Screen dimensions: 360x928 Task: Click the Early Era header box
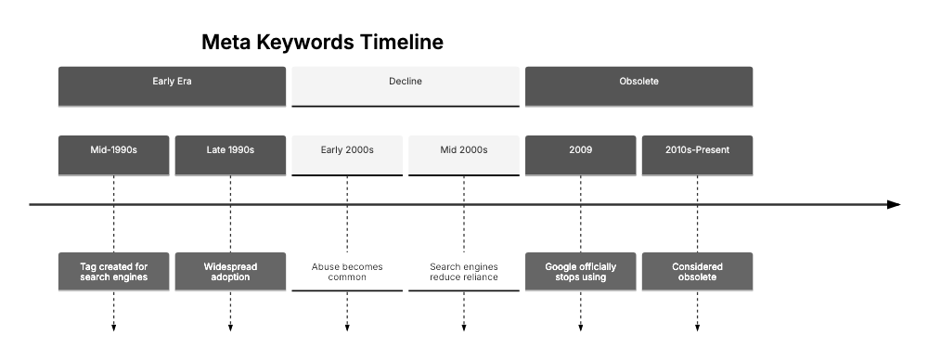pos(172,85)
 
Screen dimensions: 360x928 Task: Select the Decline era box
pos(406,85)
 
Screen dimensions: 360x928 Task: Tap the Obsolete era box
pos(639,85)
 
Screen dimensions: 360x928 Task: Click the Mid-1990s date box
pos(113,156)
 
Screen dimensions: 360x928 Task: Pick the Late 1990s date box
pos(230,156)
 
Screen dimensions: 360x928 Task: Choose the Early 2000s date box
pos(347,156)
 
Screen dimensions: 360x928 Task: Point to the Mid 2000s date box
pos(464,156)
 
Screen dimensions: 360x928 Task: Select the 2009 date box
pos(581,156)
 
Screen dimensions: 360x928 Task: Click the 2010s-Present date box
pos(697,156)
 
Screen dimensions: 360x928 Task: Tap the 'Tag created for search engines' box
pos(113,272)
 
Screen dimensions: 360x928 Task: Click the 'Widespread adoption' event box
pos(230,272)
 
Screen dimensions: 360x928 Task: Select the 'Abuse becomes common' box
pos(347,272)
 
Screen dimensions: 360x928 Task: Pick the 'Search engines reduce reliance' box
pos(464,272)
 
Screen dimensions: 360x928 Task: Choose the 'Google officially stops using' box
pos(581,272)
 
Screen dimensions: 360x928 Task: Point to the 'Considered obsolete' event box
pos(697,272)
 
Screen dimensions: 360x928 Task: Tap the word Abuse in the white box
pos(327,267)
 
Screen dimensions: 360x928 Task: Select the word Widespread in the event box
pos(230,267)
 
